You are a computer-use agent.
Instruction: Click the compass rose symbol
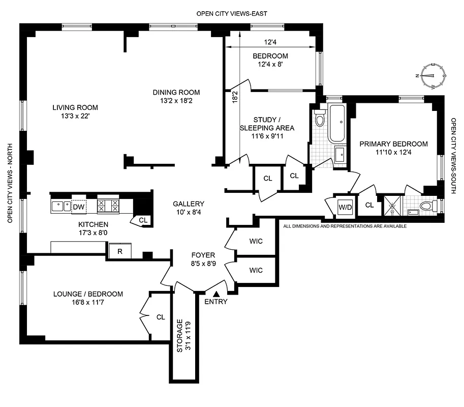[x=431, y=75]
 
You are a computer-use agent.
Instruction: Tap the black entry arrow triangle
[x=216, y=294]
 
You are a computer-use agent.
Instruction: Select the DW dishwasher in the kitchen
[x=78, y=207]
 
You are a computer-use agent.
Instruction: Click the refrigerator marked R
[x=120, y=251]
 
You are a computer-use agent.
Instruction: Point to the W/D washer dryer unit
[x=346, y=207]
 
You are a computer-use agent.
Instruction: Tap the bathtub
[x=336, y=123]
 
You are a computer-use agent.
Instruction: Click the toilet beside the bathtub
[x=319, y=118]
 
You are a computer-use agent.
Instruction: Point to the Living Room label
[x=75, y=107]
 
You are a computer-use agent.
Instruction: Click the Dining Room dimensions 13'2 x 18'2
[x=176, y=101]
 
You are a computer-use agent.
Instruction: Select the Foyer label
[x=203, y=255]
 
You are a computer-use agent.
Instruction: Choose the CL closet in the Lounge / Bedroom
[x=161, y=317]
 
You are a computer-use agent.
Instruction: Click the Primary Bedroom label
[x=393, y=144]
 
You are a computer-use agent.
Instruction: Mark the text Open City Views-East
[x=232, y=14]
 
